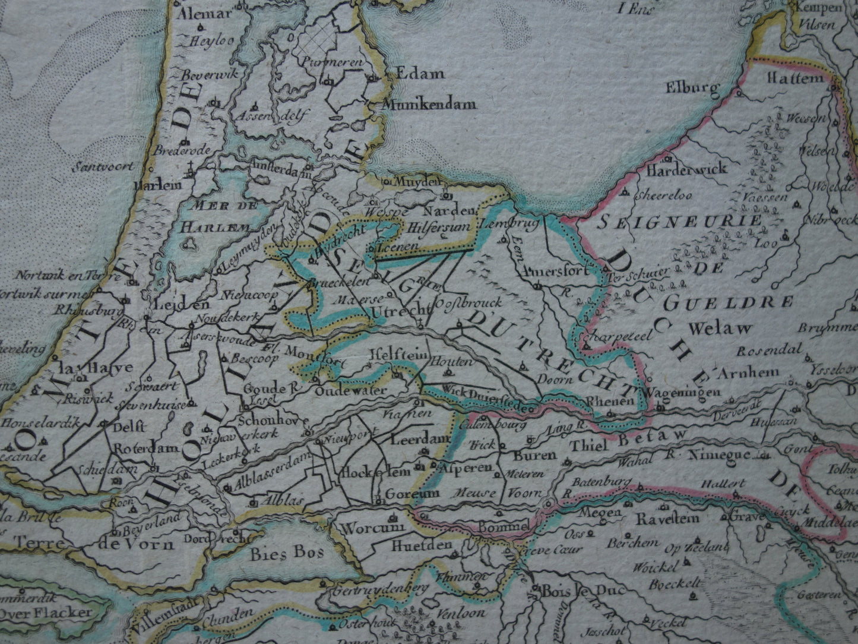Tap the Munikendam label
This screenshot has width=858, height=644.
click(429, 105)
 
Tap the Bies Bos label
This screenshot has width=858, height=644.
click(286, 554)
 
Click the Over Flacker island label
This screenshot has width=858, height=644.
click(45, 612)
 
